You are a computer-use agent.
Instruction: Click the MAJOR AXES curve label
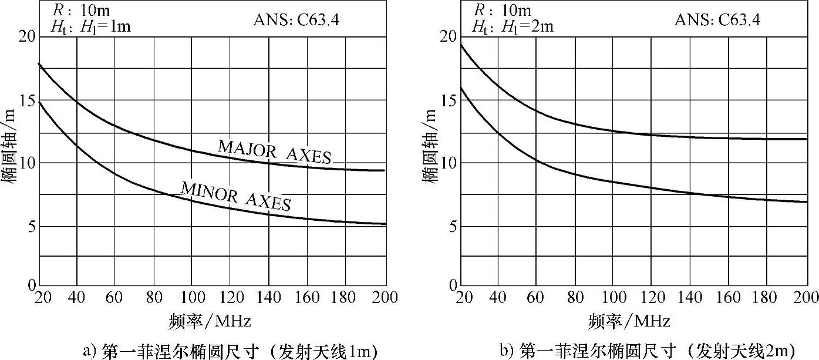[275, 151]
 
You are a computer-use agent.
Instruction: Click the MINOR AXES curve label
[236, 196]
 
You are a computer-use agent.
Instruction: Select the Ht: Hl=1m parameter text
[90, 26]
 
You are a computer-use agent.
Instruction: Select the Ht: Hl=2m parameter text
[513, 26]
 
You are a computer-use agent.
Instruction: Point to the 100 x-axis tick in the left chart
[192, 298]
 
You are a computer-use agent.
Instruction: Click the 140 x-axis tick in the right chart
[691, 298]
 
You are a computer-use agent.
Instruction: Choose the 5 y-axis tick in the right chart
[447, 226]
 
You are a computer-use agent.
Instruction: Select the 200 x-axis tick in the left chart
[385, 298]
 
